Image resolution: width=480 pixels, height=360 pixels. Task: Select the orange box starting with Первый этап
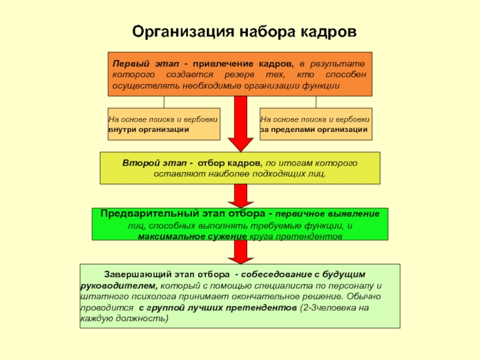coord(241,74)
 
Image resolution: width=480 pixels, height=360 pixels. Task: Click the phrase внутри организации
coord(148,130)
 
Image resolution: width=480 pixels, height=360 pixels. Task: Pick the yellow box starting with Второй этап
coord(240,168)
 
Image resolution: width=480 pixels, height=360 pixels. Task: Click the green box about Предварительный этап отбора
coord(240,225)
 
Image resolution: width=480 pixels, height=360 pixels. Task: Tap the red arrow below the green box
coord(241,252)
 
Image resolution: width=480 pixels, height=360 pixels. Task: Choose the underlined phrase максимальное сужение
coord(192,237)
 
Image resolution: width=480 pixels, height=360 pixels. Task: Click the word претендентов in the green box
coord(315,237)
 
